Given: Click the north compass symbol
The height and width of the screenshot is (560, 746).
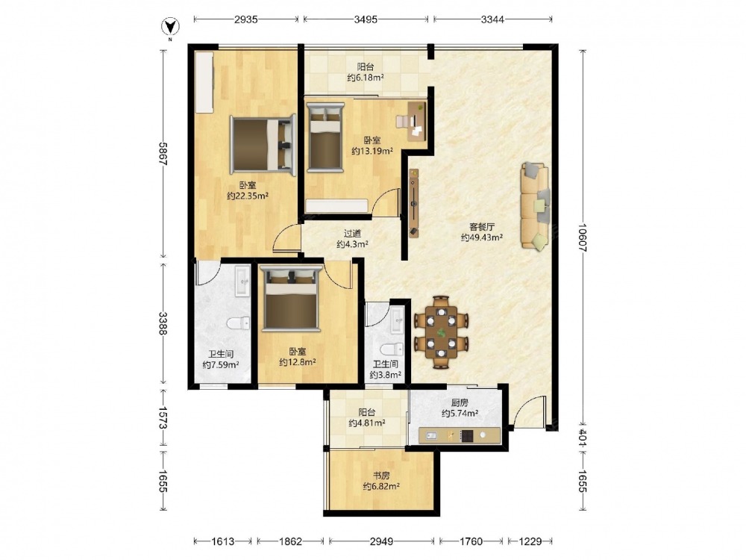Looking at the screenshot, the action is [169, 27].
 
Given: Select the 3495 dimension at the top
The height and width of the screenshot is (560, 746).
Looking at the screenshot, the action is [366, 19].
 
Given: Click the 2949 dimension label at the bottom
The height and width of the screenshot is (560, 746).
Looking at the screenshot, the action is [381, 541].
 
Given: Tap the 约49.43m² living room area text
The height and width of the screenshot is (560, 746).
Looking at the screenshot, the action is [482, 237].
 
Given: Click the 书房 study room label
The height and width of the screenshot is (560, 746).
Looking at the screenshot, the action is [381, 475].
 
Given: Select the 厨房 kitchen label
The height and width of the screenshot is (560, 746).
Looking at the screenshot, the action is [460, 403].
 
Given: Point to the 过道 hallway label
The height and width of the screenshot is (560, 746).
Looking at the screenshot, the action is [353, 233].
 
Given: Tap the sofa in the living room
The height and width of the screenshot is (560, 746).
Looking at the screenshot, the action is [535, 206].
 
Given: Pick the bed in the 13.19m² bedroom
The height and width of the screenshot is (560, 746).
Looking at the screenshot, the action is [325, 137].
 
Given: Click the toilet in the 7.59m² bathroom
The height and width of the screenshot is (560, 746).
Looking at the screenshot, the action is [239, 324].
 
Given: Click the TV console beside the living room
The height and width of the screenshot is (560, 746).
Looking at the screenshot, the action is [414, 202].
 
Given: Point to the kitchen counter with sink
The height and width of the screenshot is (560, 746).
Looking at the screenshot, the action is [459, 435].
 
